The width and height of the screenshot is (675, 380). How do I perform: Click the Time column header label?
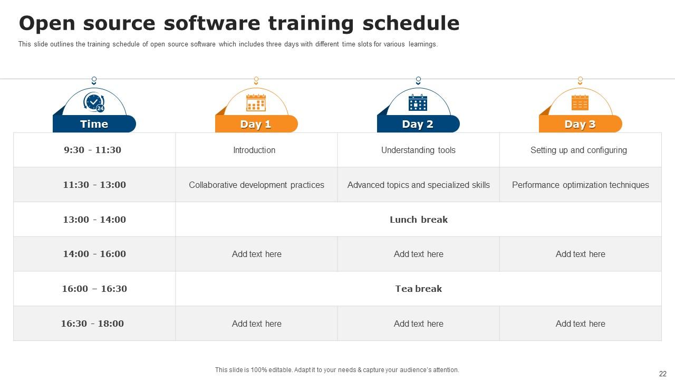pyautogui.click(x=94, y=124)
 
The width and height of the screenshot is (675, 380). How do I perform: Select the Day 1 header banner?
pyautogui.click(x=256, y=123)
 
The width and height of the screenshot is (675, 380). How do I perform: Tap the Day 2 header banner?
pyautogui.click(x=418, y=123)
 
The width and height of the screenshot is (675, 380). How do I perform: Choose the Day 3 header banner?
pyautogui.click(x=581, y=123)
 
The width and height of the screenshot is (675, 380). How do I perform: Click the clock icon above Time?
pyautogui.click(x=94, y=102)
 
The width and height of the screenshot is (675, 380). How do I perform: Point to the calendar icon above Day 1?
pyautogui.click(x=256, y=102)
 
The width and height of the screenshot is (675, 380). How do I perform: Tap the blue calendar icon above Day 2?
pyautogui.click(x=418, y=102)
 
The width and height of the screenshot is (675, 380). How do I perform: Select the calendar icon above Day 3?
pyautogui.click(x=580, y=102)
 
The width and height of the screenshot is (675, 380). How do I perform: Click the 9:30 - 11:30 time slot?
pyautogui.click(x=92, y=150)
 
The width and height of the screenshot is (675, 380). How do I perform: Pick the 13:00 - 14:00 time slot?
pyautogui.click(x=94, y=219)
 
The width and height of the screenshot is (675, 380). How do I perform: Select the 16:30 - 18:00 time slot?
pyautogui.click(x=92, y=324)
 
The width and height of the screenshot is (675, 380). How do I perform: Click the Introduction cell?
pyautogui.click(x=254, y=150)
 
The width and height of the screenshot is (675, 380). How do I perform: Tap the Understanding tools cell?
pyautogui.click(x=418, y=150)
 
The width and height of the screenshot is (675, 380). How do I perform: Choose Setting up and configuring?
pyautogui.click(x=578, y=150)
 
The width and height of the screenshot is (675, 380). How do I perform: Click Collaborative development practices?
pyautogui.click(x=256, y=185)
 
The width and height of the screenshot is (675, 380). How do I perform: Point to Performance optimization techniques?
pyautogui.click(x=581, y=185)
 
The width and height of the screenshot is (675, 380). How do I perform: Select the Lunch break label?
pyautogui.click(x=419, y=220)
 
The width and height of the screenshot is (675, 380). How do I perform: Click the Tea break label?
pyautogui.click(x=419, y=289)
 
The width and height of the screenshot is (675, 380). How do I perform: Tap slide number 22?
pyautogui.click(x=663, y=374)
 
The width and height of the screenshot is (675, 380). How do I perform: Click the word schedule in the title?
pyautogui.click(x=411, y=23)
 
